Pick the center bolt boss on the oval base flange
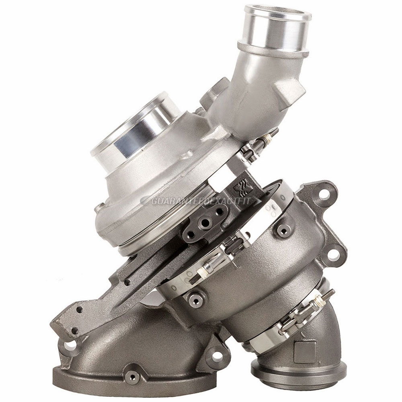pyautogui.click(x=132, y=377)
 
